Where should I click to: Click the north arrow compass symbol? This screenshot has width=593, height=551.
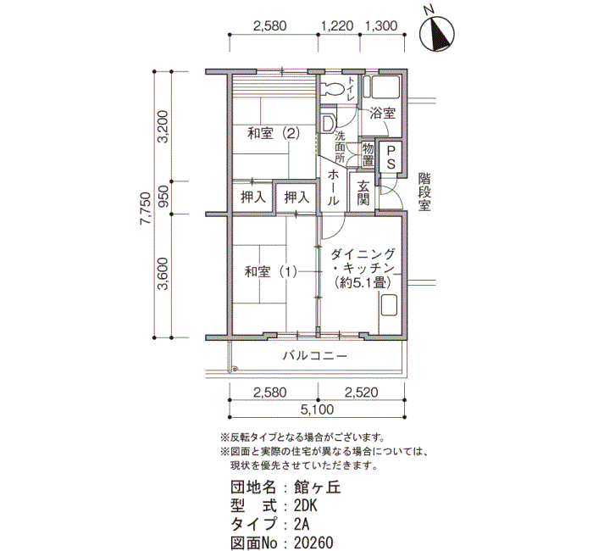tap(438, 35)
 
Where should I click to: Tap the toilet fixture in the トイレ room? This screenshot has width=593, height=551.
tap(332, 89)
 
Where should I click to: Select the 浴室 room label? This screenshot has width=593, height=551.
tap(382, 113)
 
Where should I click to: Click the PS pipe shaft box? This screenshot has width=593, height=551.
tap(391, 157)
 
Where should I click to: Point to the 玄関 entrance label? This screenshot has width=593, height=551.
tap(363, 193)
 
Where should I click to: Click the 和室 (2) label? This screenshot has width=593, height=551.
tap(274, 133)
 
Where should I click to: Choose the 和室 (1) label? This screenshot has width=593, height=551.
tap(271, 272)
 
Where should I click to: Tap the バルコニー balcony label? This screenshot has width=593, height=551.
tap(315, 356)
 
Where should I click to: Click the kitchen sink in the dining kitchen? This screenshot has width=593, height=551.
tap(388, 305)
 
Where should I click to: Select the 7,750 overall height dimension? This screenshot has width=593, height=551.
tap(145, 209)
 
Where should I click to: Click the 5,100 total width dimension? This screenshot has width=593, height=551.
tap(317, 409)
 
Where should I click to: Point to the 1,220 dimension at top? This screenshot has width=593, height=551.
tap(337, 25)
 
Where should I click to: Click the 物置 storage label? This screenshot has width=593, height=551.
tap(368, 154)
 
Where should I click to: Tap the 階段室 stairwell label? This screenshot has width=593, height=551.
tap(424, 192)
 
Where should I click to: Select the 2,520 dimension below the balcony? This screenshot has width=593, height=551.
tap(361, 392)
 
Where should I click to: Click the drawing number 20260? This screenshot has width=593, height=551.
tap(313, 543)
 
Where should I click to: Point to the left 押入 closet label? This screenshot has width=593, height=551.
tap(253, 198)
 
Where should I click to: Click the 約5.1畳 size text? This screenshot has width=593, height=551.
tap(363, 282)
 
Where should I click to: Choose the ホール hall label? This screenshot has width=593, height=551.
tap(333, 187)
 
